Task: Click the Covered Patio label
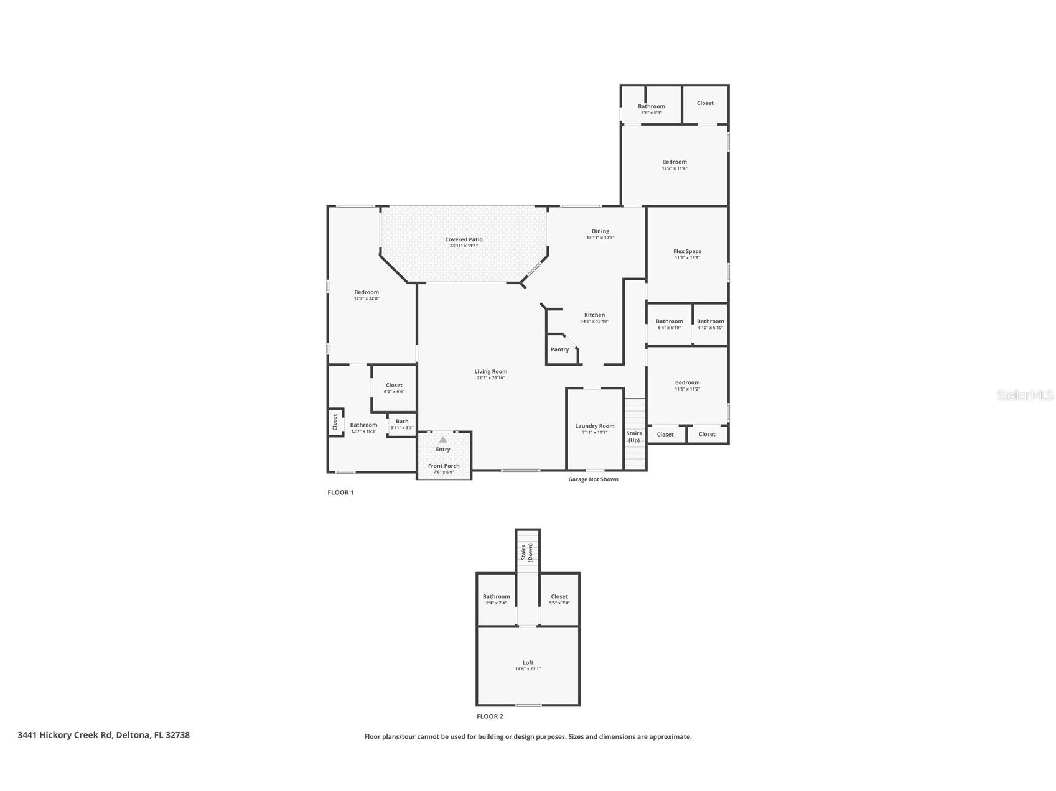tap(464, 239)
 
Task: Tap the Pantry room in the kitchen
tap(559, 349)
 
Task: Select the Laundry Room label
tap(594, 426)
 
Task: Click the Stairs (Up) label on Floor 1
tap(633, 437)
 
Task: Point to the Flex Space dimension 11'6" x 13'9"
tap(687, 257)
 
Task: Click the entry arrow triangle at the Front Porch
tap(443, 440)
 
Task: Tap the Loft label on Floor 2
tap(528, 662)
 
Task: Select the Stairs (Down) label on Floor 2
tap(526, 552)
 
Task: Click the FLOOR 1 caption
tap(340, 493)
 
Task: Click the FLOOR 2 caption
tap(490, 716)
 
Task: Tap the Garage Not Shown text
tap(593, 479)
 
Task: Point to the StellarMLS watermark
tap(1024, 395)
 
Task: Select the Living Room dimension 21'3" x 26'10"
tap(490, 378)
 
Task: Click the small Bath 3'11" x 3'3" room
tap(402, 424)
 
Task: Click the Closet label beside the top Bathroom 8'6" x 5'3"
tap(705, 103)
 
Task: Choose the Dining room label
tap(600, 231)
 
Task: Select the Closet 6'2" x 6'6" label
tap(394, 386)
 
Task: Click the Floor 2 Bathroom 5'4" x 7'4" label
tap(496, 597)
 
